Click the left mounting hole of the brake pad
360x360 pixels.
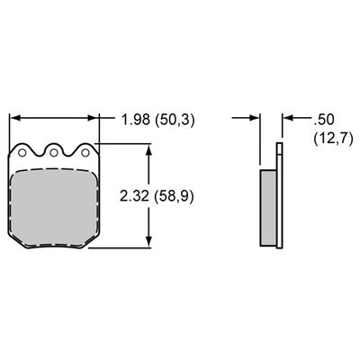(22, 153)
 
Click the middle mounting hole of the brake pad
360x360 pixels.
(54, 153)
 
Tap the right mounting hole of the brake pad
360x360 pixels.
(85, 153)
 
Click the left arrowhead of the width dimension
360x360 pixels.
(14, 118)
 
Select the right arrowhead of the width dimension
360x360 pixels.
(94, 118)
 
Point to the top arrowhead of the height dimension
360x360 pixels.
(148, 149)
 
